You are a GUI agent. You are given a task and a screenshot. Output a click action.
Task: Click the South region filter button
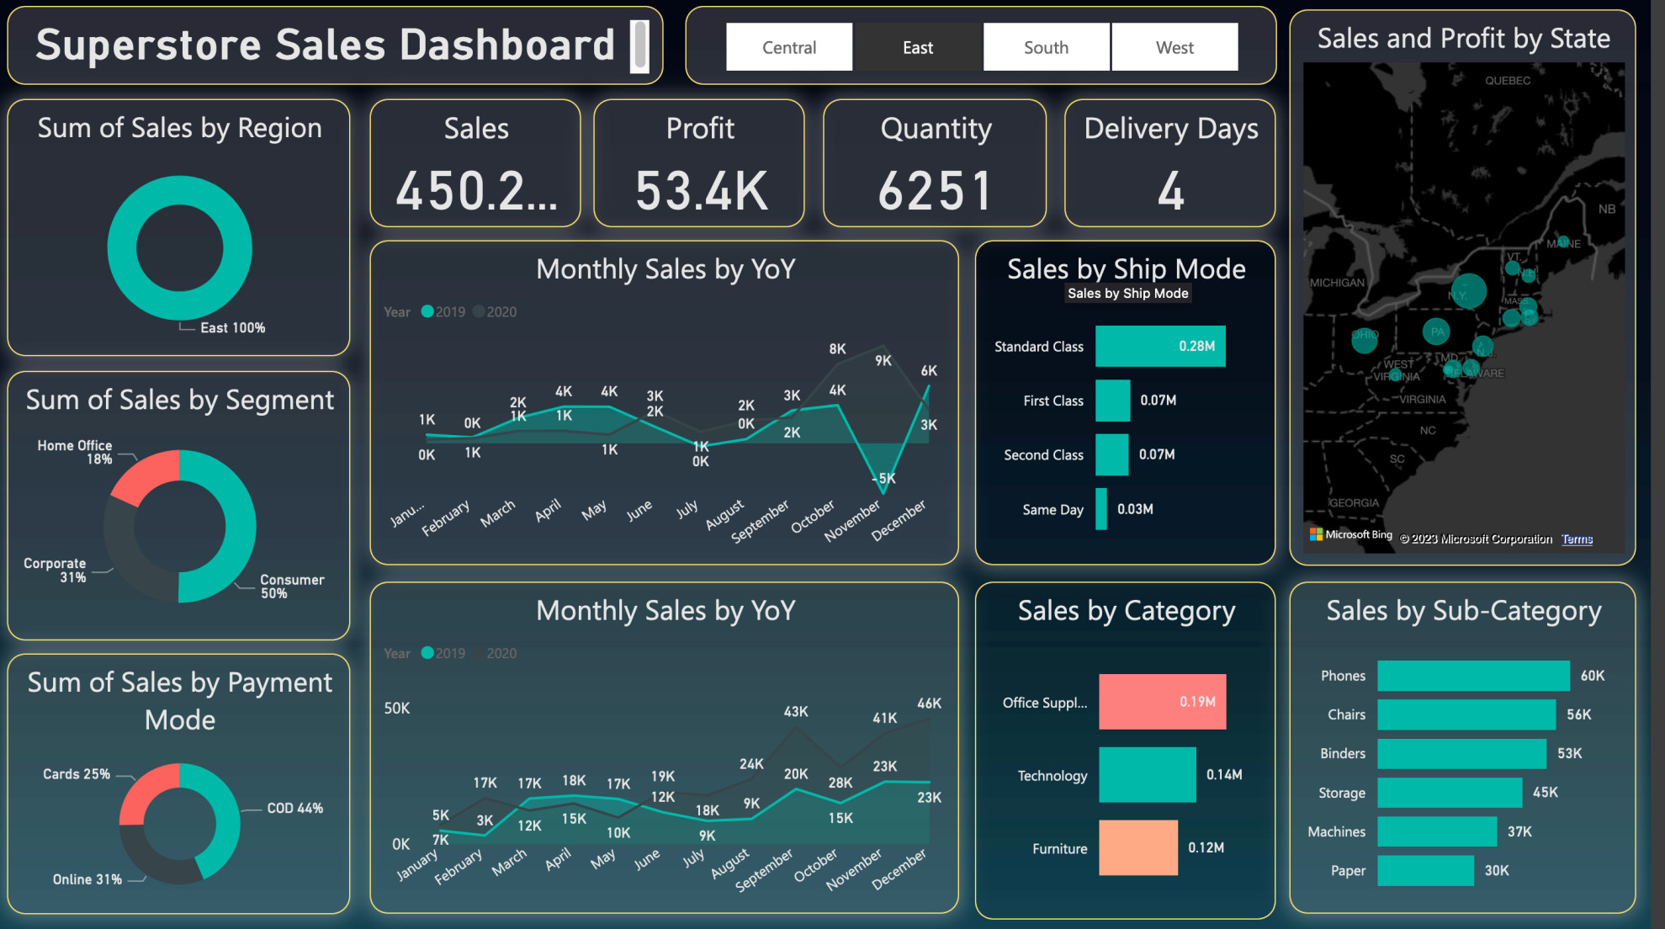[1046, 47]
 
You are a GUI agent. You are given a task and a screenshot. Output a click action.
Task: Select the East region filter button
[918, 47]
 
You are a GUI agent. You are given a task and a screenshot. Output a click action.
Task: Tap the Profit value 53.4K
[701, 190]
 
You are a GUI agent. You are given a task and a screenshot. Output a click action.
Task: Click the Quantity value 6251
[935, 190]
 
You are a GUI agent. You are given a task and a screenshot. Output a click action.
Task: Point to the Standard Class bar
[1160, 346]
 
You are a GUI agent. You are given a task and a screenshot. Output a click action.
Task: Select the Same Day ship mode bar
[1101, 509]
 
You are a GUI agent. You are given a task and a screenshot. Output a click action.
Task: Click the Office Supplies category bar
[1162, 702]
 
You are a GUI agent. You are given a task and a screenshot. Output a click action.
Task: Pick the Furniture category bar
[1137, 847]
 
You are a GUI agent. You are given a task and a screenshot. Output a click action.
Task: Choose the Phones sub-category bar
[1472, 676]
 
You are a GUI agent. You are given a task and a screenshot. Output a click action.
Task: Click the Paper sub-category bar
[1425, 871]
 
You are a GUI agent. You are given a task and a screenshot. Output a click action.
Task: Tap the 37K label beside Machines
[1519, 831]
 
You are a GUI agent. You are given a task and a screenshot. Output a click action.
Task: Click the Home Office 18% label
[75, 452]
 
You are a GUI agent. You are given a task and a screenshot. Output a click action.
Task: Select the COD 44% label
[294, 808]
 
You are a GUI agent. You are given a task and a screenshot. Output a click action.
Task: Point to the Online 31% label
[87, 879]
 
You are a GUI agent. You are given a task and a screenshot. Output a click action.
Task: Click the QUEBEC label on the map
[1508, 81]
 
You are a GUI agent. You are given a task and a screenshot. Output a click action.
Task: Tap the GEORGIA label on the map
[1354, 503]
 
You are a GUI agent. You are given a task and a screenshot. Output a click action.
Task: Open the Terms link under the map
[1577, 539]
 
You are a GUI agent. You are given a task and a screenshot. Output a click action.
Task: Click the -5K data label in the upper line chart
[884, 478]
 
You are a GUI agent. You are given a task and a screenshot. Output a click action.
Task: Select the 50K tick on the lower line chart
[397, 709]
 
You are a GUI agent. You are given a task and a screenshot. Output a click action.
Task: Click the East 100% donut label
[232, 328]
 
